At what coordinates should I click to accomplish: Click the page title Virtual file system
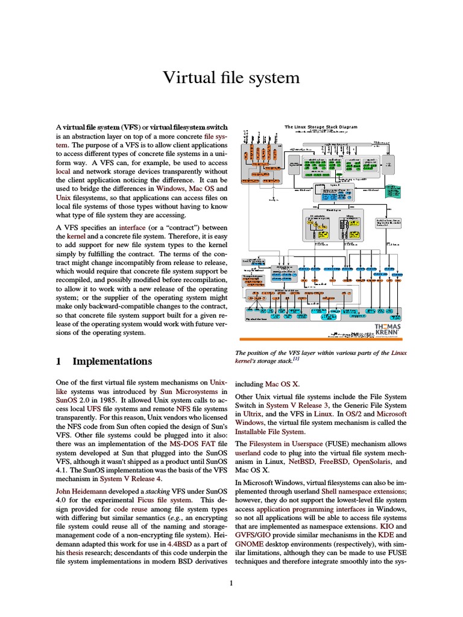231,78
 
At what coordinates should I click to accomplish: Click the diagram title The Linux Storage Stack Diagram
321,127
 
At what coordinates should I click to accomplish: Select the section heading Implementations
112,362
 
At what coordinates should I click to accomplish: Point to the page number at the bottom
231,583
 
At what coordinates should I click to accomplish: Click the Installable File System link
269,431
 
